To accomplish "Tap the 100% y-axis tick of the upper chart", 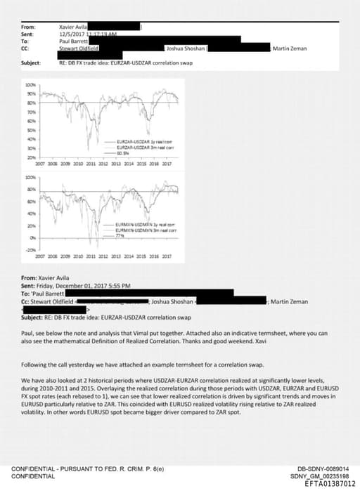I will (30, 84).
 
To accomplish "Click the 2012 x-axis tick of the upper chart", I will (103, 162).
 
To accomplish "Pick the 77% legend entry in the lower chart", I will (122, 236).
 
